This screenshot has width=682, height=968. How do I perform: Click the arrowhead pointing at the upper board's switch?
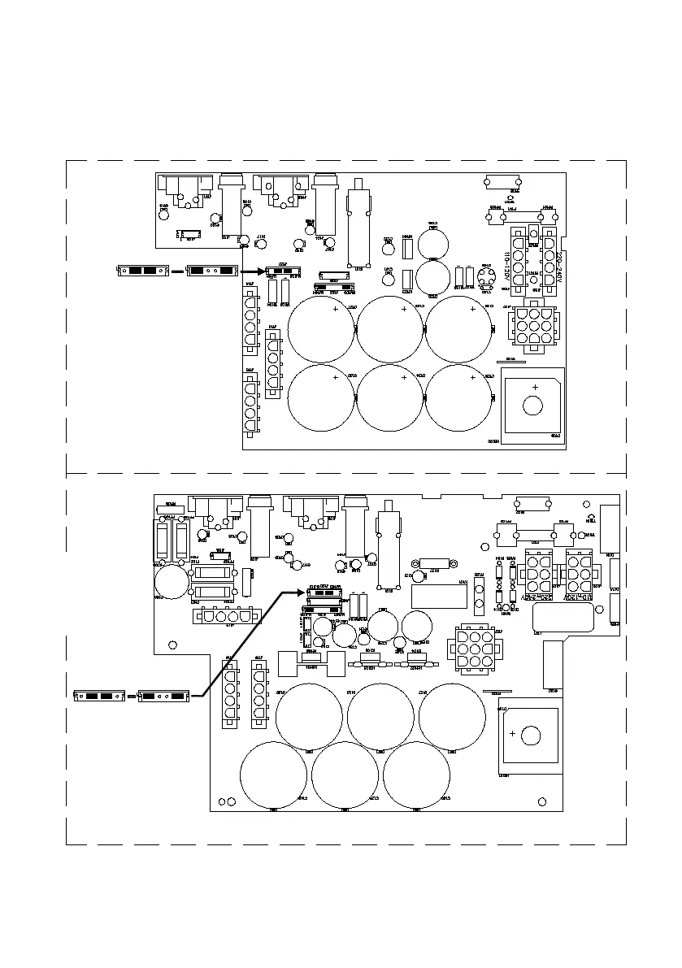point(262,270)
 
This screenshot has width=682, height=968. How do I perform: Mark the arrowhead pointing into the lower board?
point(304,592)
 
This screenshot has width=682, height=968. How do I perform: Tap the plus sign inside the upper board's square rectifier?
point(535,387)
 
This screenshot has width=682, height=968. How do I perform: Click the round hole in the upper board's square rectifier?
point(533,406)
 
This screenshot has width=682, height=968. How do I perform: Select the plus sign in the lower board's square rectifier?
point(512,733)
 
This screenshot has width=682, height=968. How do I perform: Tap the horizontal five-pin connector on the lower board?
point(224,616)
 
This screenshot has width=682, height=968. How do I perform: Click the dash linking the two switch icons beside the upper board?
point(176,271)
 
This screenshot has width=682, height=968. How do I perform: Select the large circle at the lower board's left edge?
point(172,581)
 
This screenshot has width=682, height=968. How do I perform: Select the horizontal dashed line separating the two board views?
point(345,473)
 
